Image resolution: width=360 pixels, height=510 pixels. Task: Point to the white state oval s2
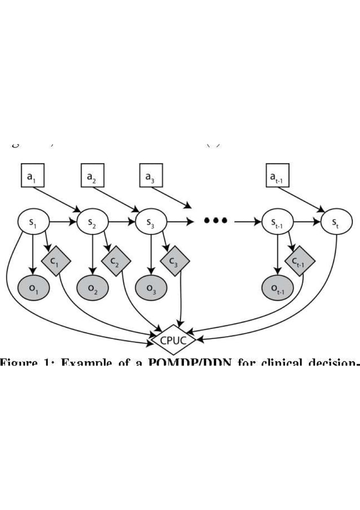(92, 222)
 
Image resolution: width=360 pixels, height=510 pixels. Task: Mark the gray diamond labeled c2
(116, 260)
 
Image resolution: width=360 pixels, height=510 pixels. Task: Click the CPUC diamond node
(174, 340)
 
